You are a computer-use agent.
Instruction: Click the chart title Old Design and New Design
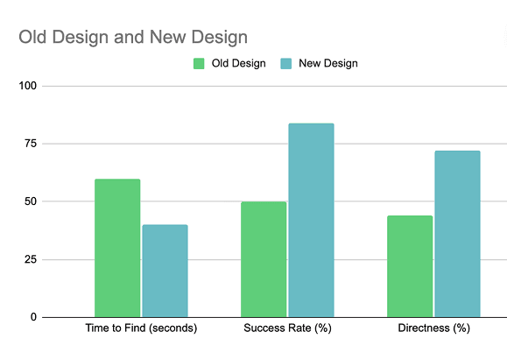coord(133,37)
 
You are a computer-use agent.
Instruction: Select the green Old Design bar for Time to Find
coord(117,248)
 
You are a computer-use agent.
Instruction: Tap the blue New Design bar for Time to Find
coord(165,271)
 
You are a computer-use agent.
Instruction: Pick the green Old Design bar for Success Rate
coord(264,259)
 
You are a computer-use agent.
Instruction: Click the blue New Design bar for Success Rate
coord(311,220)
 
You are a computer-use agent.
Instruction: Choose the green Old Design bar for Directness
coord(410,266)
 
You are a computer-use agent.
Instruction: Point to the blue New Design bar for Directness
coord(457,234)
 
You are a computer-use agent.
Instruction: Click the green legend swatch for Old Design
coord(199,63)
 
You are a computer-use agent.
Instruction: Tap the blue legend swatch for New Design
coord(285,63)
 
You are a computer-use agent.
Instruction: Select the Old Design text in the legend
coord(239,63)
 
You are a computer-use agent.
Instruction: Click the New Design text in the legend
coord(328,63)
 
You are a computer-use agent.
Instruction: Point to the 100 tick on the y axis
coord(27,86)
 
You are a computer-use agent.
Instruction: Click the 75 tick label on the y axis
coord(31,144)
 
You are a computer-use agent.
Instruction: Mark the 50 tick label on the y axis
coord(31,201)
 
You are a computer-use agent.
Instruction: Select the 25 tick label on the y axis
coord(31,259)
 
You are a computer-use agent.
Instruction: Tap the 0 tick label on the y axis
coord(33,317)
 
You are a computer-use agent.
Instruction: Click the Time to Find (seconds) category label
coord(141,328)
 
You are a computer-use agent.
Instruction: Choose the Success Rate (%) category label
coord(287,328)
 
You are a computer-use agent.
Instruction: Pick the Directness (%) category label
coord(434,328)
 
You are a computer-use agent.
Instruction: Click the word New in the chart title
coord(167,37)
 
